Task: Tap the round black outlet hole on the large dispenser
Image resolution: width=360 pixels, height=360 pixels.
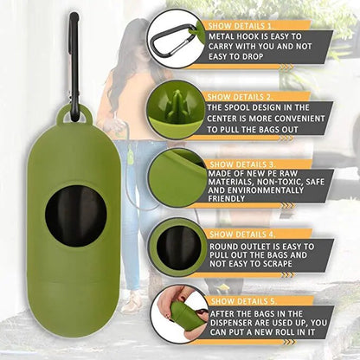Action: pyautogui.click(x=76, y=215)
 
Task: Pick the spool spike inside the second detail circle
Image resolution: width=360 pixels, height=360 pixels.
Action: pyautogui.click(x=176, y=106)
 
